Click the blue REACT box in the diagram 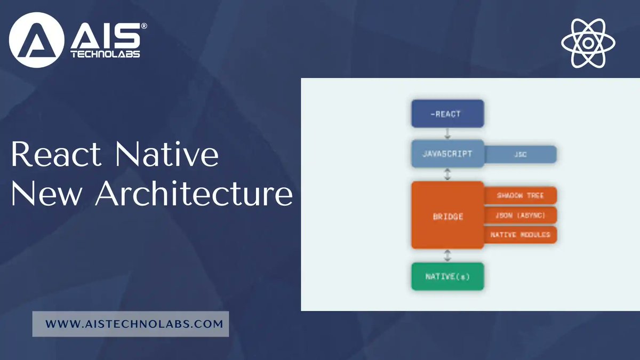pos(447,114)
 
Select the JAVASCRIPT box pos(447,154)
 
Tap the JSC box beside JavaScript pos(521,155)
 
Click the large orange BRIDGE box pos(447,215)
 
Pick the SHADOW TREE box pos(521,196)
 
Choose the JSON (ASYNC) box pos(521,215)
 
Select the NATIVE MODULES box pos(521,235)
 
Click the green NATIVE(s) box pos(447,276)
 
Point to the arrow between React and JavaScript pos(447,134)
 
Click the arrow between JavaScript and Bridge pos(447,174)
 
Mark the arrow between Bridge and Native pos(447,255)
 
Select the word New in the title pos(48,195)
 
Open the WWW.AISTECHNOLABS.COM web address pos(131,324)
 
